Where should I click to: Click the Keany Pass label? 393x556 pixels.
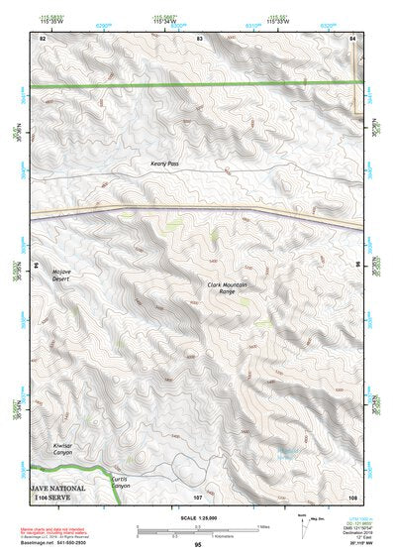pyautogui.click(x=165, y=164)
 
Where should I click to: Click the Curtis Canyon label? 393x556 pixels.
pyautogui.click(x=120, y=484)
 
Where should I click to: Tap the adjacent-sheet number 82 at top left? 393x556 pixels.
pyautogui.click(x=43, y=37)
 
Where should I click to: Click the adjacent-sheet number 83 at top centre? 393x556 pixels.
pyautogui.click(x=199, y=37)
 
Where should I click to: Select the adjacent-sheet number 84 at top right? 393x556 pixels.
pyautogui.click(x=353, y=37)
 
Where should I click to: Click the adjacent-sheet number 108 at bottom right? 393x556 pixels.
pyautogui.click(x=352, y=497)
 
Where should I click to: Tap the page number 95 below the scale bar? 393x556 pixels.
pyautogui.click(x=198, y=544)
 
